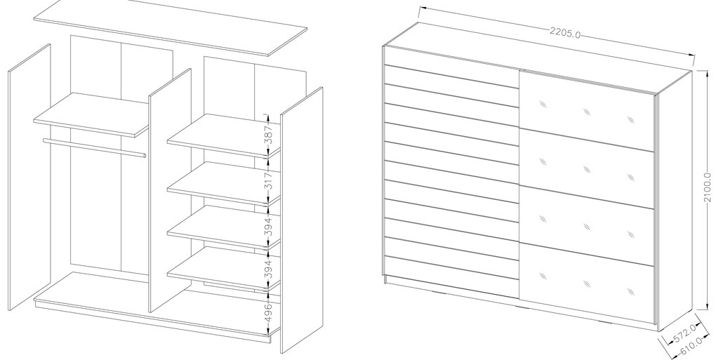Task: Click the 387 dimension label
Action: pos(269,134)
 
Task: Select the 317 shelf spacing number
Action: pos(269,180)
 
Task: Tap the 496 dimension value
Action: pos(269,312)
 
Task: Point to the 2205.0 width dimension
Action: pos(565,33)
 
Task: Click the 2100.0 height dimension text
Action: pos(708,187)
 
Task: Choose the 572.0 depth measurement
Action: pos(685,333)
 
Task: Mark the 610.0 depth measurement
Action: pos(691,345)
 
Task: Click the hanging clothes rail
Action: pos(95,148)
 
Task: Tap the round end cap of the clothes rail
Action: pos(145,156)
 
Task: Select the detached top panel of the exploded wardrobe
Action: pos(171,28)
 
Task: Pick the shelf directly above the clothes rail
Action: pos(91,114)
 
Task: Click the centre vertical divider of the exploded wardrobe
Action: pos(169,190)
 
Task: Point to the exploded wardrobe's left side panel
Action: pos(29,178)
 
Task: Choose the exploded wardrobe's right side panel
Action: pos(301,220)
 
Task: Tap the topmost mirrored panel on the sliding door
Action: pos(587,110)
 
